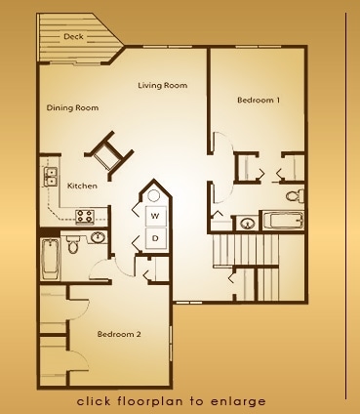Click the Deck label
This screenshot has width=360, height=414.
pyautogui.click(x=73, y=36)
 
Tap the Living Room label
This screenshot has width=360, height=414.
pyautogui.click(x=163, y=85)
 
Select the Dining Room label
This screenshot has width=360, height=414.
pyautogui.click(x=72, y=107)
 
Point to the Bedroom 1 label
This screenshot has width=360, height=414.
pyautogui.click(x=259, y=100)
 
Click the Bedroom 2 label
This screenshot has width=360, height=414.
pyautogui.click(x=119, y=334)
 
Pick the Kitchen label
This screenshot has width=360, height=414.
pyautogui.click(x=82, y=186)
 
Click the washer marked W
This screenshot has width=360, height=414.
pyautogui.click(x=155, y=216)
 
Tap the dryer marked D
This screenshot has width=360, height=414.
pyautogui.click(x=155, y=238)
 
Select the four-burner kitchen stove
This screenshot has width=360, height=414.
pyautogui.click(x=85, y=216)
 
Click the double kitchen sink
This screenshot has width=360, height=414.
pyautogui.click(x=51, y=177)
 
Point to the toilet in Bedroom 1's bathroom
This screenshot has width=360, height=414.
pyautogui.click(x=295, y=195)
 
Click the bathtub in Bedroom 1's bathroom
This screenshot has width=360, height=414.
pyautogui.click(x=283, y=221)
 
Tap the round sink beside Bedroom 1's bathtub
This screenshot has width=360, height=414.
pyautogui.click(x=248, y=224)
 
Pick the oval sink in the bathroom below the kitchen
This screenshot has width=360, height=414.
pyautogui.click(x=98, y=237)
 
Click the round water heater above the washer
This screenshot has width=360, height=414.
pyautogui.click(x=153, y=196)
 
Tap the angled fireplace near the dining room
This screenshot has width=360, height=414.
pyautogui.click(x=109, y=155)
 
